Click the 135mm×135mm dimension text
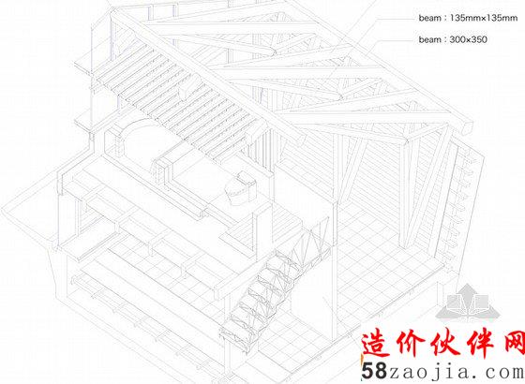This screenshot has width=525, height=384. point(484,18)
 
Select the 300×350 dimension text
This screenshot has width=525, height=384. point(469,39)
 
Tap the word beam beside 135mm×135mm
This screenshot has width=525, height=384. point(430,18)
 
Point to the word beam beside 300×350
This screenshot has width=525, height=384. point(430,39)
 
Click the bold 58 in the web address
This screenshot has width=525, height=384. point(374,371)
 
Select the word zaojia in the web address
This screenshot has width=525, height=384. point(427,371)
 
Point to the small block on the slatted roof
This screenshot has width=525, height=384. point(185,92)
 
